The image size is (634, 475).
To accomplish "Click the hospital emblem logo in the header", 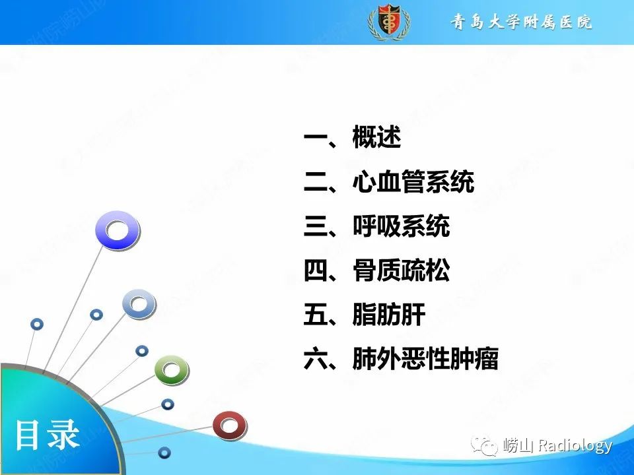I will (386, 22).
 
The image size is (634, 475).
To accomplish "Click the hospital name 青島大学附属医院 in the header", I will (521, 22).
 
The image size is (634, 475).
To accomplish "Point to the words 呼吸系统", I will (401, 227).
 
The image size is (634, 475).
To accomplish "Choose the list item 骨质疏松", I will (401, 271).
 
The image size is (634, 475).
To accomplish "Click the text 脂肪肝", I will (388, 315).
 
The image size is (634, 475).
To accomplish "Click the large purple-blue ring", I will (118, 230).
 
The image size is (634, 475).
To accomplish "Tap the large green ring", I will (171, 370).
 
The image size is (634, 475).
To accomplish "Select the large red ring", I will (229, 426).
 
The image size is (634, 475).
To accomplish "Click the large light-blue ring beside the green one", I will (139, 304).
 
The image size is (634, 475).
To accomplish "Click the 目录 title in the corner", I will (48, 435).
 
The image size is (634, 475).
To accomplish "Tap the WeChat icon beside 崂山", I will (489, 447).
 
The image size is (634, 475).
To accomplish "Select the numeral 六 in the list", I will (316, 360).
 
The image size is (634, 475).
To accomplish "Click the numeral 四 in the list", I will (316, 271).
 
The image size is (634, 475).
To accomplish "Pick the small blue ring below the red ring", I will (164, 453).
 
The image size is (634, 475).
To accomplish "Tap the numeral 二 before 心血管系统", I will (316, 183).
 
